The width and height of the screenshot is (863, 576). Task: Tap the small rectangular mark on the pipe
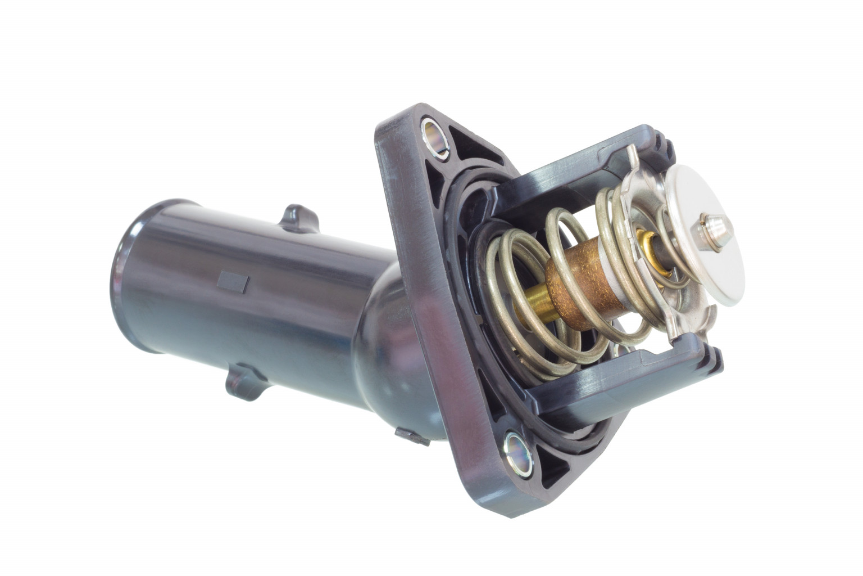coord(233,281)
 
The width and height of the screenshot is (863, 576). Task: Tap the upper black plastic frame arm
coord(579,163)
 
